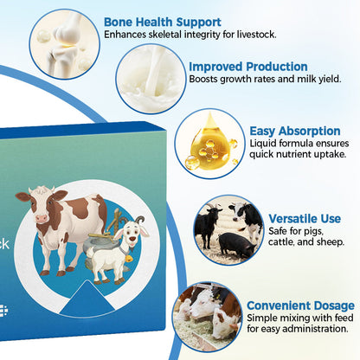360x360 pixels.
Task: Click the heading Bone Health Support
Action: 162,22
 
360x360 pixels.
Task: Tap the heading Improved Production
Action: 247,66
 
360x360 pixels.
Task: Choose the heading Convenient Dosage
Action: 299,305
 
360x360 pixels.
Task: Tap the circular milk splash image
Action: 150,78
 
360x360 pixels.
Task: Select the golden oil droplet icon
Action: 209,143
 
